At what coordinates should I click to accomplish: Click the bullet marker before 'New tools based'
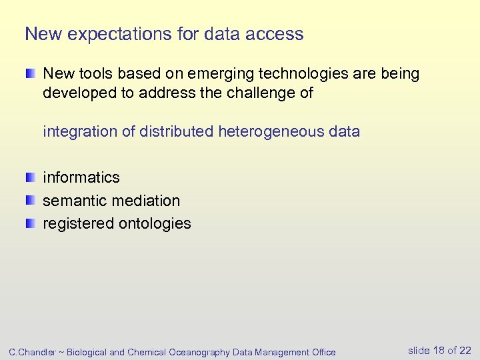31,73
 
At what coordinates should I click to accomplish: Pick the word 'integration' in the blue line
80,132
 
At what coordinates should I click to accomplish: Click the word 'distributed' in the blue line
177,132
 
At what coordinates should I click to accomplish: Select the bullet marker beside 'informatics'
31,177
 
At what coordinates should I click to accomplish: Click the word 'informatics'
81,177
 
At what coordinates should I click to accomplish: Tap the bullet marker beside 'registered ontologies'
31,223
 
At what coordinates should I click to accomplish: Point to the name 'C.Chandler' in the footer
31,352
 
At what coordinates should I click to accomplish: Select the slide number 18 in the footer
439,351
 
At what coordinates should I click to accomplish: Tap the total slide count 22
465,351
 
